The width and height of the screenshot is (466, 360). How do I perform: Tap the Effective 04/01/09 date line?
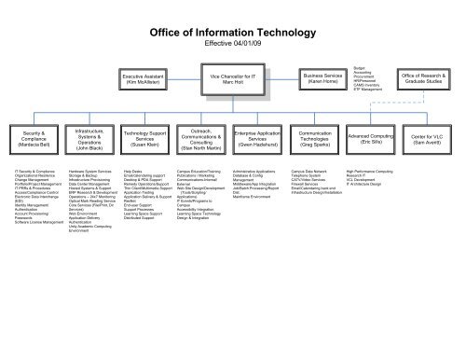coord(234,45)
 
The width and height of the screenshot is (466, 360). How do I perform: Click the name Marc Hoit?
coord(232,82)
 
